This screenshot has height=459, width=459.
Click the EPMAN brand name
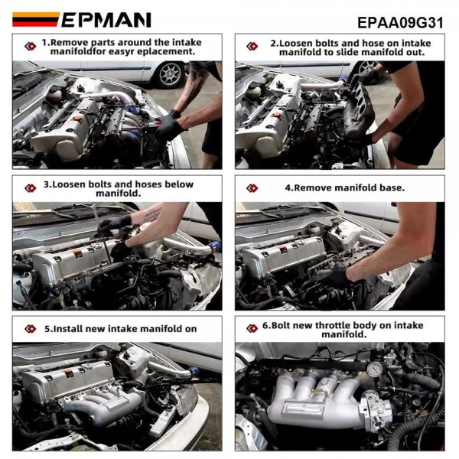click(106, 19)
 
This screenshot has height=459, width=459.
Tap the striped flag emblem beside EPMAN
click(34, 20)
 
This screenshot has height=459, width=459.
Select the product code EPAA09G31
click(400, 22)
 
